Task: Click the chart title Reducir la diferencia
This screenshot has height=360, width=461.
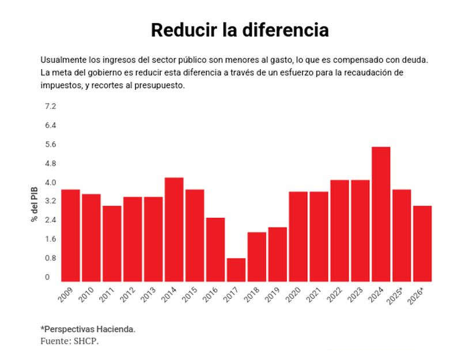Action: point(240,30)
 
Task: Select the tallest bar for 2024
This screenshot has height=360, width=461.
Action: point(381,213)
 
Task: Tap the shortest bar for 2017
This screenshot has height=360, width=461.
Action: point(236,269)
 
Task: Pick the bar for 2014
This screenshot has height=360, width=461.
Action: point(174,229)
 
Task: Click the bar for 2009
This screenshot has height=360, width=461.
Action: point(70,234)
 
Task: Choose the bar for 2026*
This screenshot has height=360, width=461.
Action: point(422,242)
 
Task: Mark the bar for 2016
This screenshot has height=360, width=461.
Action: point(216,249)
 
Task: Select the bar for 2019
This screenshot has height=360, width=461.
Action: point(277,253)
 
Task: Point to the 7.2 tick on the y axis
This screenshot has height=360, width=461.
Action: point(51,107)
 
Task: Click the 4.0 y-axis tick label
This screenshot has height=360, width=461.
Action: point(51,183)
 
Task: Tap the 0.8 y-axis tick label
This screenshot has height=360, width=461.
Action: point(51,258)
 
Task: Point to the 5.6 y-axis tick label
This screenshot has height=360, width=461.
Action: point(51,145)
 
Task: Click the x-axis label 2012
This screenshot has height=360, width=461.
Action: point(129,295)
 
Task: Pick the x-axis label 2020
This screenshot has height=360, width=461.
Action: point(294,295)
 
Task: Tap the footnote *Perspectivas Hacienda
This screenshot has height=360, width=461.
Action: point(88,328)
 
